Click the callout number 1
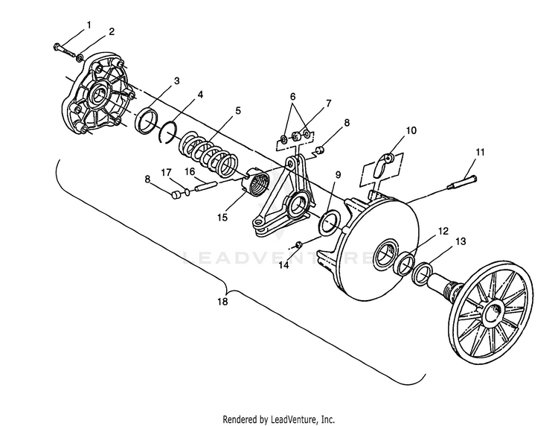pos(89,25)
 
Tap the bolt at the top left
pos(64,50)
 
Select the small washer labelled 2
pos(80,57)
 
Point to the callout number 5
pos(238,110)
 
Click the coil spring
pos(208,154)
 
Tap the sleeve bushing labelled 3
pos(147,121)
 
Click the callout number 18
pos(222,302)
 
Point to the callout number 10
pos(411,130)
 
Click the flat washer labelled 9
pos(330,223)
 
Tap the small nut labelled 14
pos(299,244)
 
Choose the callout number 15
pos(222,217)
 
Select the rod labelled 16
pos(205,186)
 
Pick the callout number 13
pos(461,241)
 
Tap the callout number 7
pos(328,104)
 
